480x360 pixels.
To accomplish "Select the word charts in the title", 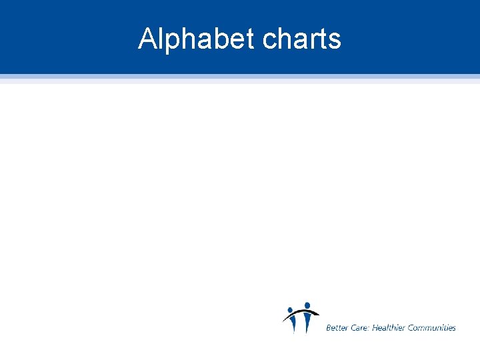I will [x=302, y=39].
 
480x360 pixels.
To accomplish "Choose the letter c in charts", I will [x=269, y=42].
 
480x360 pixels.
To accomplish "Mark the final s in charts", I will [x=335, y=42].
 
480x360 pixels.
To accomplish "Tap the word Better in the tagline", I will [x=337, y=327].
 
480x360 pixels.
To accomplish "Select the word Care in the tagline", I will [x=359, y=327].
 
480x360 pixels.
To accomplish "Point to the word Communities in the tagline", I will [x=433, y=327].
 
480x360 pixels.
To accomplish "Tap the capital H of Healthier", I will [x=375, y=327].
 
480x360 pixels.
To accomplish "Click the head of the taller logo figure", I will [x=307, y=305].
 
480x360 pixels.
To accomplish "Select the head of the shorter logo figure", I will [x=290, y=309].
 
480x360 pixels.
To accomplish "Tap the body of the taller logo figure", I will [x=307, y=323].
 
